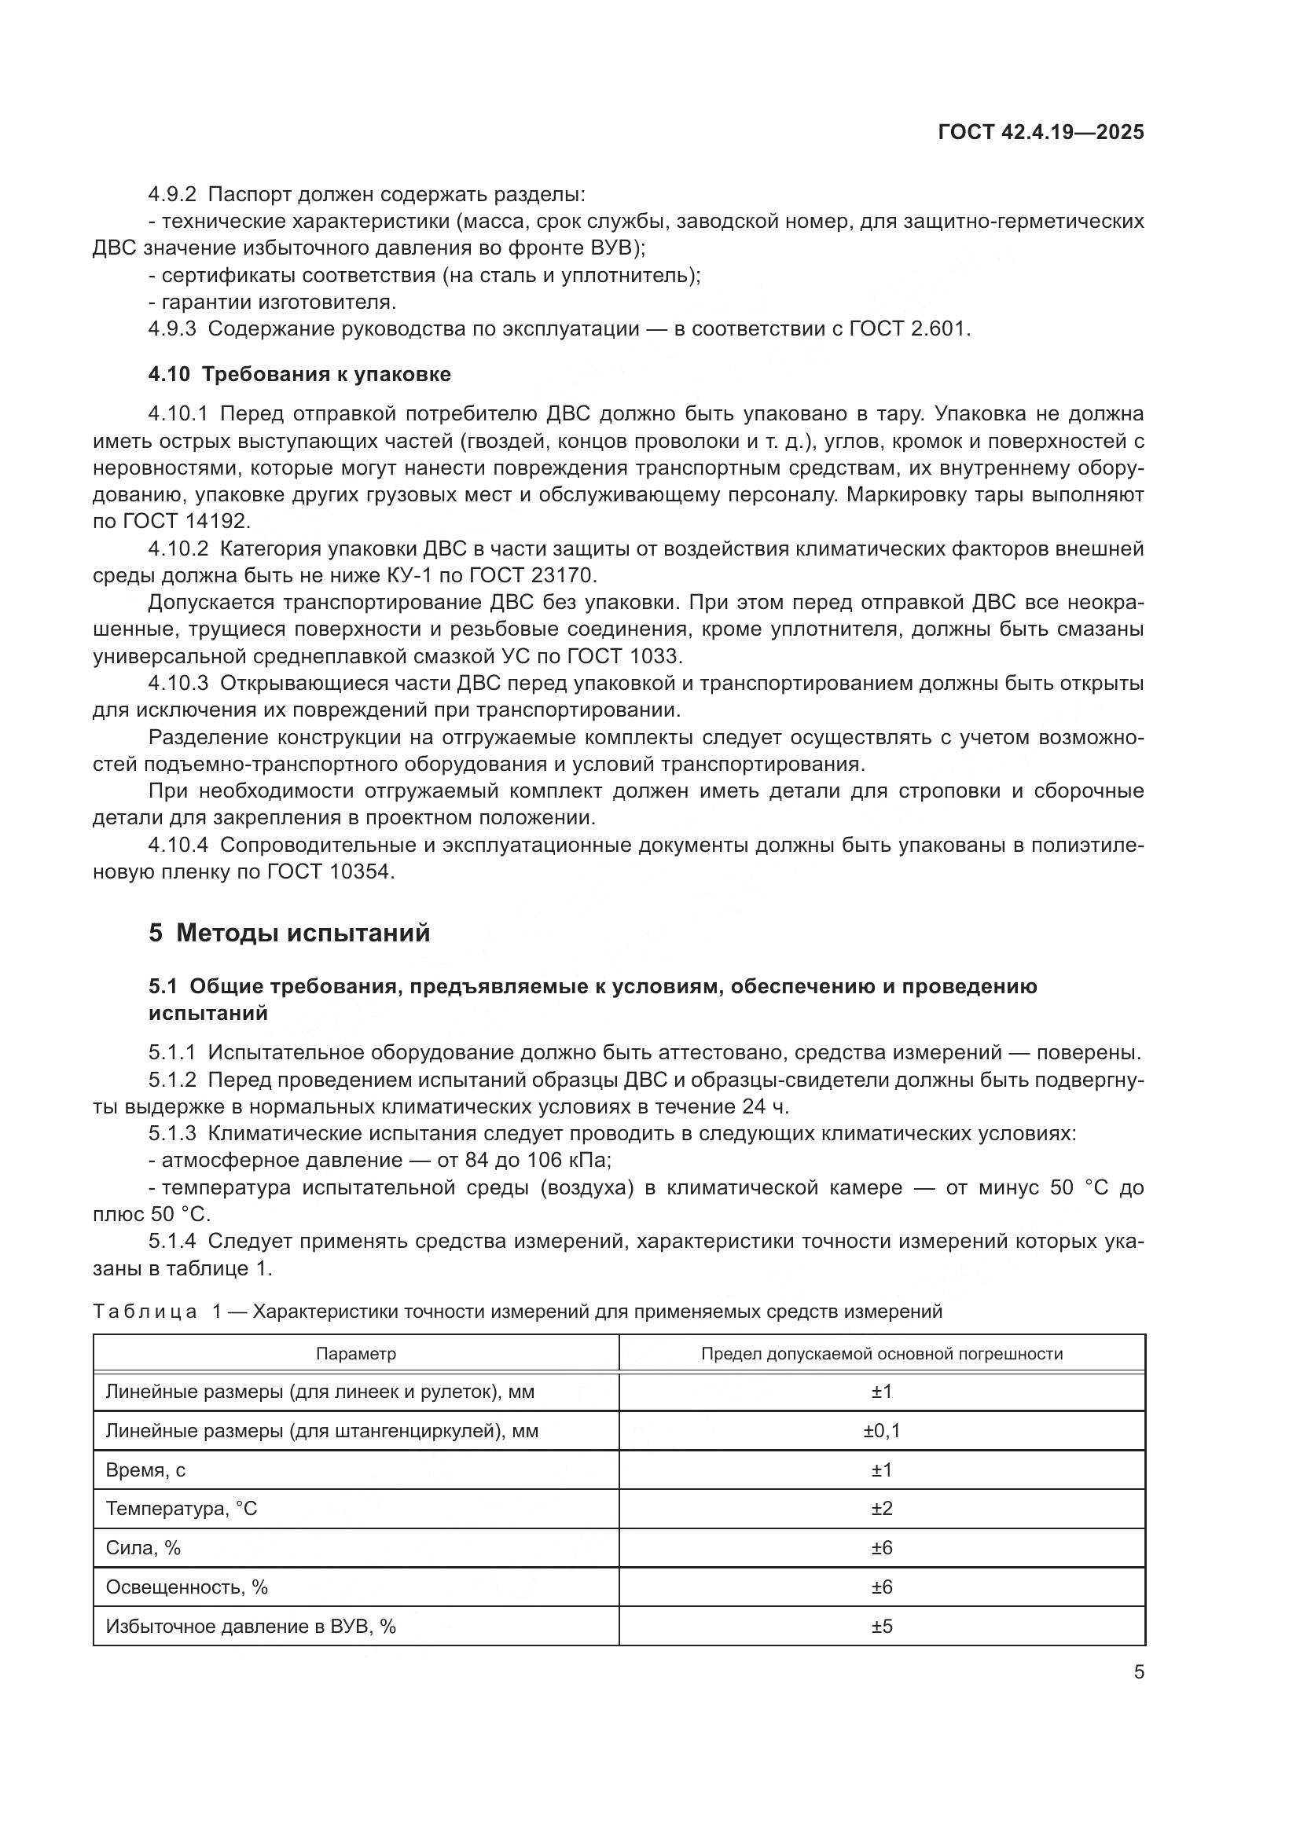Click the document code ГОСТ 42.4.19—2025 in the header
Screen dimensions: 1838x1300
(x=1041, y=132)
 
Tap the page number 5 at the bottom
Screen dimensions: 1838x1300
(x=1138, y=1672)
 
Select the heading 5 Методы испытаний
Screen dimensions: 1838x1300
(x=289, y=934)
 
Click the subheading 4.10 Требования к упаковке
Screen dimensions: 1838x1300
(x=299, y=374)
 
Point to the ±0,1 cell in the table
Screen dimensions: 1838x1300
(x=881, y=1430)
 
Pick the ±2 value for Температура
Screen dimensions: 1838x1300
(x=881, y=1509)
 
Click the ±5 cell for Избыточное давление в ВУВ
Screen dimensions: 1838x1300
(x=881, y=1627)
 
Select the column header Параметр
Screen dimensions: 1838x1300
(x=355, y=1354)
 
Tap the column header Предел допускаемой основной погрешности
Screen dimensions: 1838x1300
(x=881, y=1354)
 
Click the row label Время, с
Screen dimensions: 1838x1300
(x=145, y=1469)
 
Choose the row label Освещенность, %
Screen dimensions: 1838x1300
(x=186, y=1587)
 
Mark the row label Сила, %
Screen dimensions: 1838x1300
(x=143, y=1548)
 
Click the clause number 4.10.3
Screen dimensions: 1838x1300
(x=178, y=684)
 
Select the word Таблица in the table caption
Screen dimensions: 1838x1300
(x=145, y=1312)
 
